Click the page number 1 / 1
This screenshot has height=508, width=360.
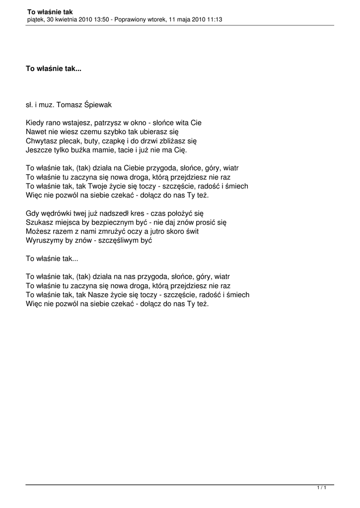point(321,489)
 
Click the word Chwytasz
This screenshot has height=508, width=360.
point(42,141)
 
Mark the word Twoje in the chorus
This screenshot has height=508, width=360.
point(100,186)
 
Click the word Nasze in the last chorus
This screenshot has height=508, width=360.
point(101,295)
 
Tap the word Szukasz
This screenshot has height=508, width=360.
point(39,222)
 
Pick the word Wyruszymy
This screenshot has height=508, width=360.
point(44,241)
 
